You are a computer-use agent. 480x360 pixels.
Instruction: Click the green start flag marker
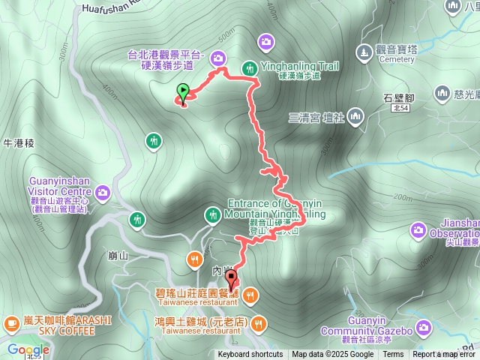tap(182, 93)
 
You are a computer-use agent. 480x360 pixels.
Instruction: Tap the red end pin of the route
tap(231, 280)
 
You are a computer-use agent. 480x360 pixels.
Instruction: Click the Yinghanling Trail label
tap(299, 67)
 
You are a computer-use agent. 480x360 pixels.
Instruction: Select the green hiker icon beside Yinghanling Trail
tap(250, 68)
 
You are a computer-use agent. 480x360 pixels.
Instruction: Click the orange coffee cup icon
tap(11, 323)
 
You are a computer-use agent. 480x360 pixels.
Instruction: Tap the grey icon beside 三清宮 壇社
tap(355, 115)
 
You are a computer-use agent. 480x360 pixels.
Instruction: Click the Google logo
tap(28, 349)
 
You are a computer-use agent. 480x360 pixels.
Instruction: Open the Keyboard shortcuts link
tap(250, 355)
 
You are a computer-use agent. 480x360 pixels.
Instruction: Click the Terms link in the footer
tap(393, 355)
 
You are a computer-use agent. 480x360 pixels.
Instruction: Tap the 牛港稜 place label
tap(16, 142)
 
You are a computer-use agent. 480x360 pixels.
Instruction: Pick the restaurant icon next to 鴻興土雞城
tap(259, 324)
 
